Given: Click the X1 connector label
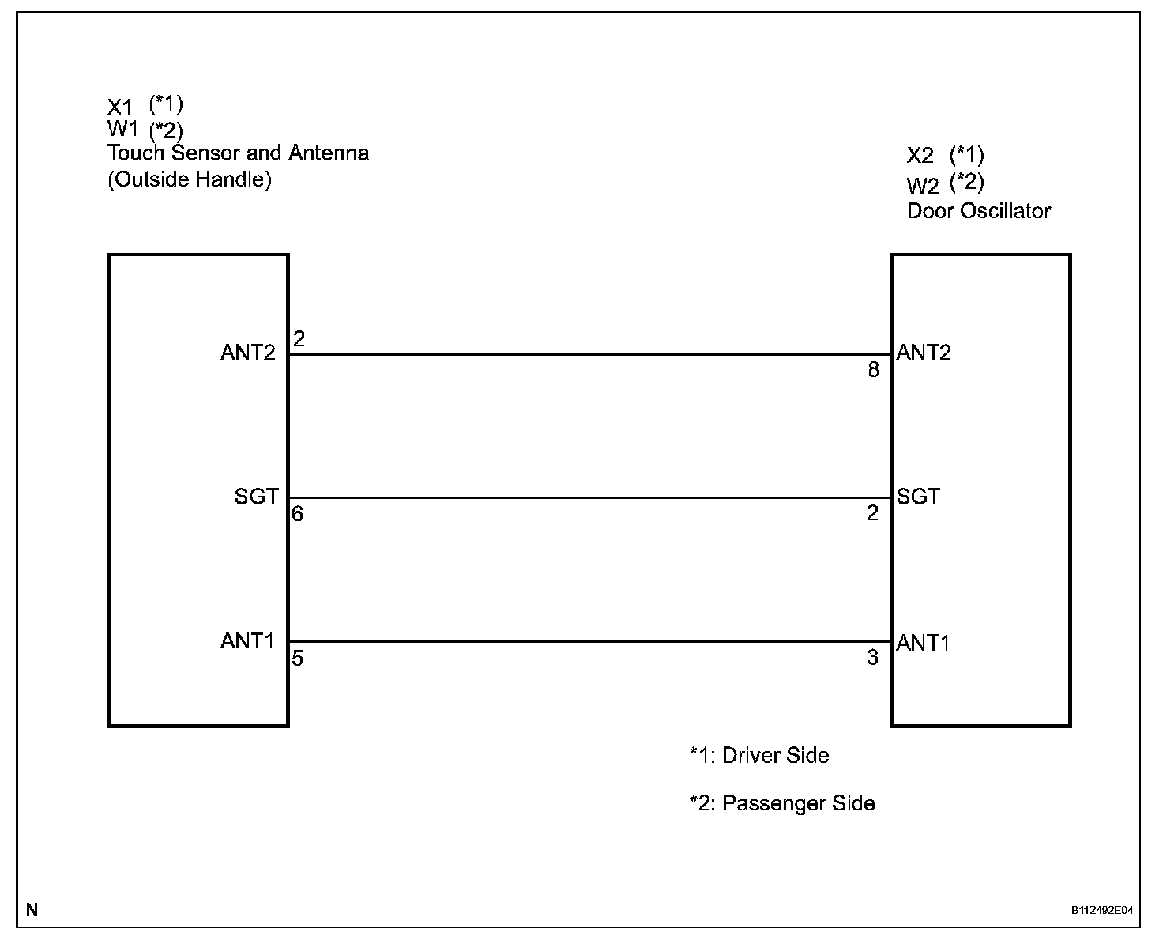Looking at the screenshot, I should click(120, 107).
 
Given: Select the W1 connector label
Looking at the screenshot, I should click(122, 129).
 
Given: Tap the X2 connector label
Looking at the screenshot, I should click(920, 156).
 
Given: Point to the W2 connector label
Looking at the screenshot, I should click(922, 186).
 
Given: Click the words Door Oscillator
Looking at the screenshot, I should click(978, 211).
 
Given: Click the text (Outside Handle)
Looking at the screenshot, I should click(190, 179).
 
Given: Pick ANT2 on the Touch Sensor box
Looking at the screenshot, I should click(248, 353).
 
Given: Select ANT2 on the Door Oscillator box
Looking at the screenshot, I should click(924, 353).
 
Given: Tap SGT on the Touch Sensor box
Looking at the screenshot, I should click(256, 497).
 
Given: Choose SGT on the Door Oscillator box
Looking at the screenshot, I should click(918, 497).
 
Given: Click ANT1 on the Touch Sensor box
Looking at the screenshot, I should click(247, 640).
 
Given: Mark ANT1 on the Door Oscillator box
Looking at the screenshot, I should click(923, 643).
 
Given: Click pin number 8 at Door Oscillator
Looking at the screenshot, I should click(873, 370).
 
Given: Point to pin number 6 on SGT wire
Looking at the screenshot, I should click(297, 514).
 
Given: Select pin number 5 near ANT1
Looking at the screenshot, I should click(297, 658).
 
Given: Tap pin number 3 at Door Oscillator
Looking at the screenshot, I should click(872, 658).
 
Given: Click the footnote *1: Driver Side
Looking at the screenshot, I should click(758, 756).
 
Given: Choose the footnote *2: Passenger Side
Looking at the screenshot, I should click(781, 804).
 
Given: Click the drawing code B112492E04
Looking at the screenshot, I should click(1102, 910).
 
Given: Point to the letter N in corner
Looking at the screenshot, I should click(32, 910).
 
